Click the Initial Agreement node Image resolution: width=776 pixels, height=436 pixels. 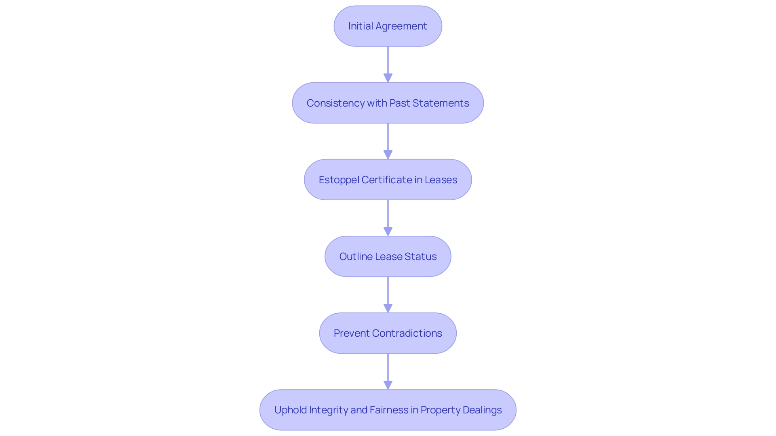click(x=388, y=26)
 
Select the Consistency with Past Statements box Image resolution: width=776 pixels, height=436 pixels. click(x=388, y=103)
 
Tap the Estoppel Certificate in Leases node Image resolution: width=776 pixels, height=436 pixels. click(x=388, y=180)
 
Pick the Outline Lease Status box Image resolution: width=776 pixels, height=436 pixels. click(x=388, y=256)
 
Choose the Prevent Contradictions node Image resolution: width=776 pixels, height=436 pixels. click(x=388, y=333)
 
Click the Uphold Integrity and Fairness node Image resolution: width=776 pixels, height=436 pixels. click(x=388, y=410)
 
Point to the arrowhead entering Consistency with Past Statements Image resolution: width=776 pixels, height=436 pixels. click(x=388, y=78)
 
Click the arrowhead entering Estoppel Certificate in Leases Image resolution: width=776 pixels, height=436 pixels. click(x=388, y=155)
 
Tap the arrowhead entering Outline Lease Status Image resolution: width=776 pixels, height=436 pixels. click(x=388, y=231)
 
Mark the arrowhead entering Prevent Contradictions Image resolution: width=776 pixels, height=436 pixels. click(x=388, y=308)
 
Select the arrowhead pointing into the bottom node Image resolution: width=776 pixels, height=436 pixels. click(x=388, y=385)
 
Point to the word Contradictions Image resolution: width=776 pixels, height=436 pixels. click(x=407, y=333)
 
